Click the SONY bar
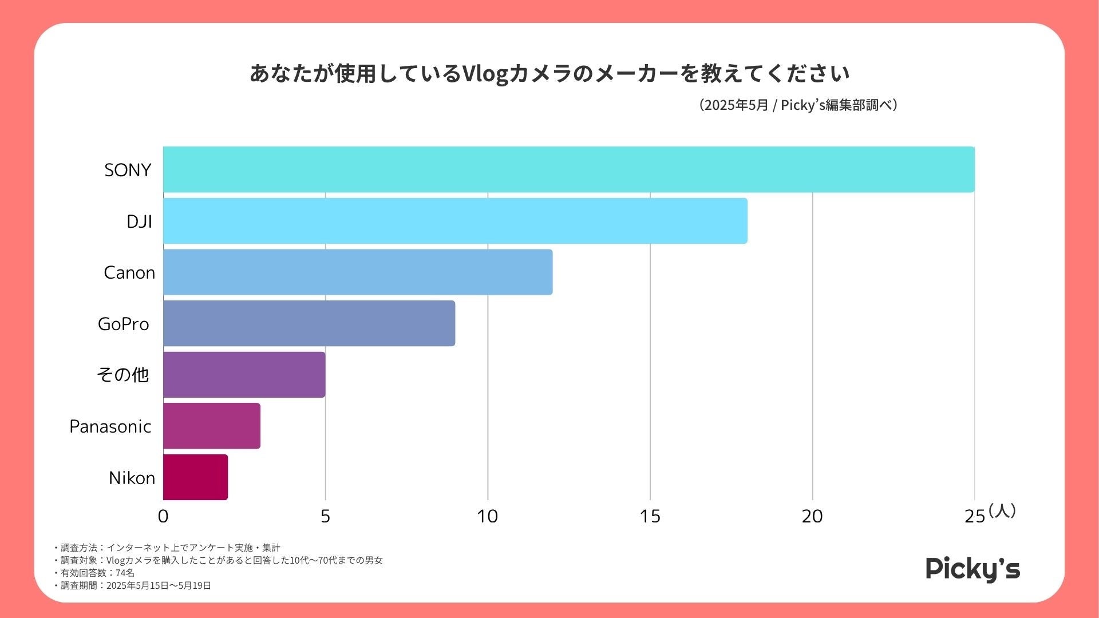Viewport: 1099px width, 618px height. pos(568,169)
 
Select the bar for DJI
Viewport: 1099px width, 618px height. pos(455,221)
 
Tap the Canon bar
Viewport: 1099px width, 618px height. pos(358,272)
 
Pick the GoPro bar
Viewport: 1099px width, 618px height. pos(309,323)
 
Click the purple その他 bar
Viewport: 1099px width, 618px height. pos(244,375)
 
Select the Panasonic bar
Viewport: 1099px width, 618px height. pos(212,426)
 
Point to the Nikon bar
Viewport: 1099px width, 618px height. pos(195,477)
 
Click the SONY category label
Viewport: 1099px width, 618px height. pos(128,170)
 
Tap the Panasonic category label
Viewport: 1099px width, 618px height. pos(110,426)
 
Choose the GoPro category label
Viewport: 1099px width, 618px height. pos(124,324)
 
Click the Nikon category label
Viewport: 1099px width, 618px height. pos(132,478)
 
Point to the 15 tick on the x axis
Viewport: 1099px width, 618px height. pos(650,516)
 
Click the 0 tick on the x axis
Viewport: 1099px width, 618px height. pos(163,516)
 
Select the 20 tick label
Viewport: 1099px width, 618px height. pos(812,516)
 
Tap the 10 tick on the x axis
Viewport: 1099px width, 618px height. pos(488,516)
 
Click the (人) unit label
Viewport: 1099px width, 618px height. pos(1002,510)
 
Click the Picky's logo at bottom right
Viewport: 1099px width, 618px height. pos(973,569)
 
